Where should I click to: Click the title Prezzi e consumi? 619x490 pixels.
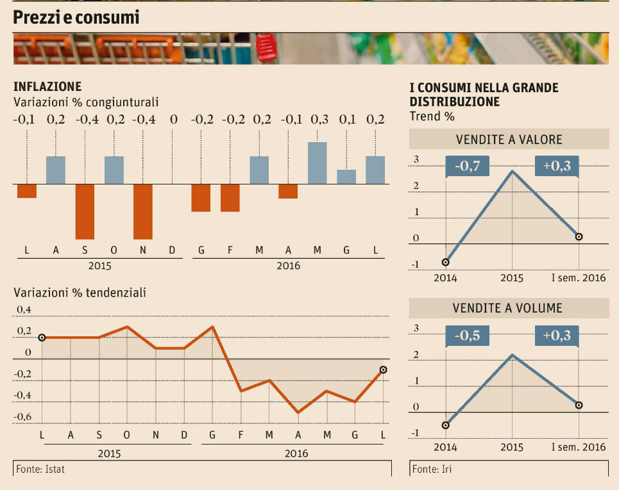click(x=76, y=18)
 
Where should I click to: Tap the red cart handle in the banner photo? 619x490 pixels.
click(x=266, y=47)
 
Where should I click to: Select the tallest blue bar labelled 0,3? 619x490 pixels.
click(x=318, y=163)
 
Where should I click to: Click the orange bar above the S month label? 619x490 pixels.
click(x=85, y=211)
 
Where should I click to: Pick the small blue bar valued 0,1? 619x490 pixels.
click(x=346, y=177)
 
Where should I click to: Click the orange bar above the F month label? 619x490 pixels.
click(x=230, y=197)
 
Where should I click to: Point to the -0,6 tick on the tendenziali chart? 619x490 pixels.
click(x=23, y=416)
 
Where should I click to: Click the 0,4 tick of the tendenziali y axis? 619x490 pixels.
click(x=23, y=310)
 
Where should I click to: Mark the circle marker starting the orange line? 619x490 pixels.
click(x=42, y=338)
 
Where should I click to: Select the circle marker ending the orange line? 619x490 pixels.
click(x=383, y=370)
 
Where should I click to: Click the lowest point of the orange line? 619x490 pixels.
click(x=298, y=412)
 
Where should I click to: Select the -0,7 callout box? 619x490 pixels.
click(x=468, y=167)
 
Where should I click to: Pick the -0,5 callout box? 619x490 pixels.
click(x=468, y=336)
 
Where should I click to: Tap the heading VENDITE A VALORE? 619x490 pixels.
click(x=509, y=139)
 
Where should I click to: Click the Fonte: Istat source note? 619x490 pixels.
click(x=41, y=469)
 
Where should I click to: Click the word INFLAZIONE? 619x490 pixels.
click(x=47, y=86)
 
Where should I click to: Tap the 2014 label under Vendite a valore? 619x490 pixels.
click(x=445, y=278)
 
